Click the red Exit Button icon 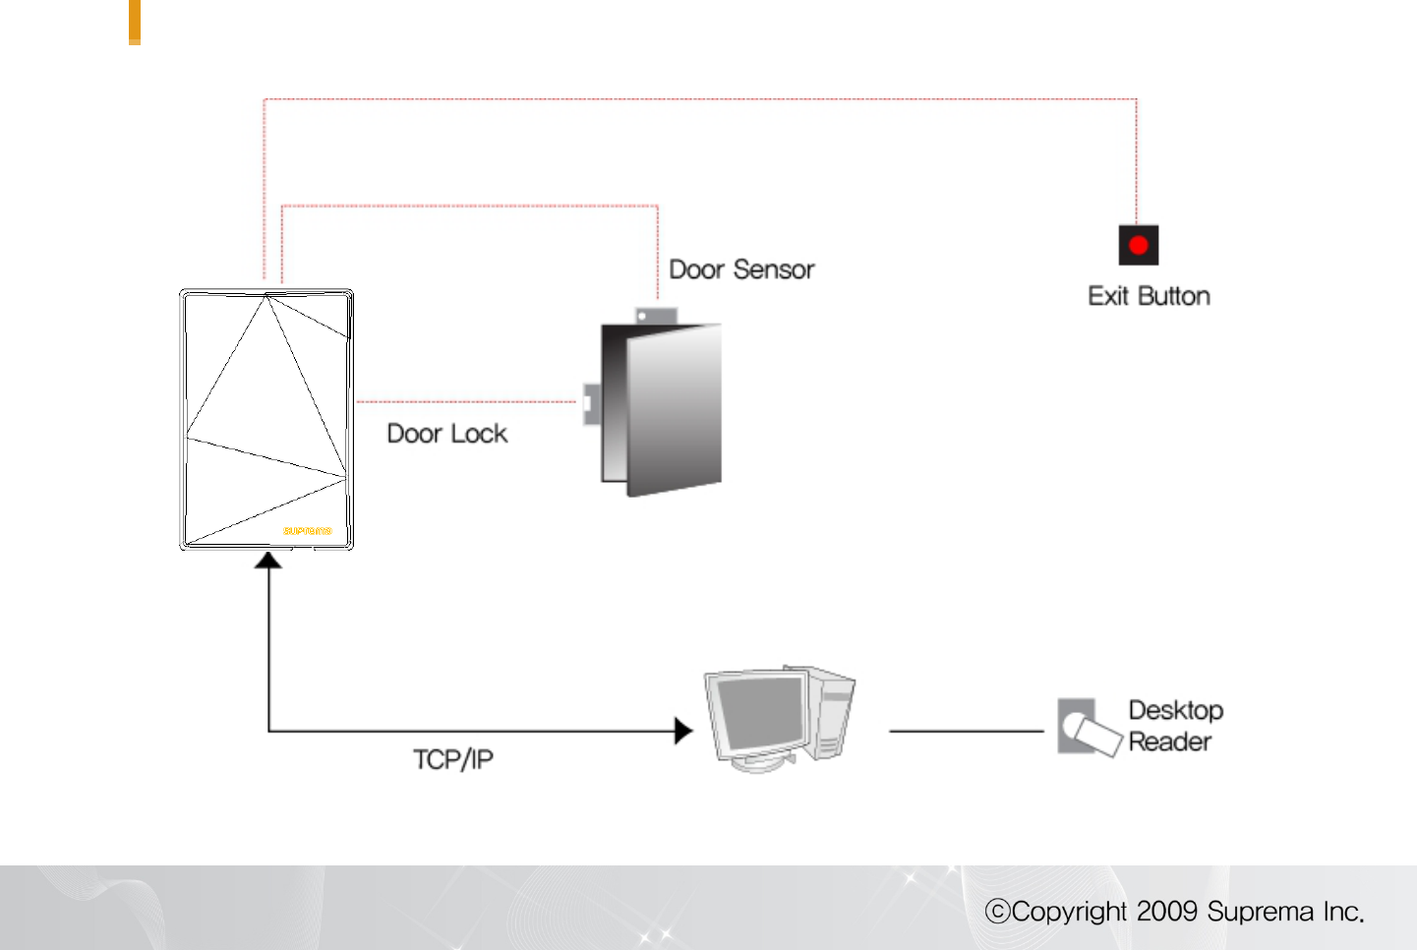[x=1138, y=245]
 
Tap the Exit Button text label [x=1149, y=296]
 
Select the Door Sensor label [x=741, y=269]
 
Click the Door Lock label [x=446, y=434]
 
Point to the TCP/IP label [x=452, y=759]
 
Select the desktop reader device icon [x=1088, y=728]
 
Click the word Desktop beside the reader [x=1175, y=710]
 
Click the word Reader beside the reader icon [x=1169, y=742]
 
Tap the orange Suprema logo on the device [x=307, y=531]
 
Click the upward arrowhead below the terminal [x=268, y=561]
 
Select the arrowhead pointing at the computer [x=683, y=731]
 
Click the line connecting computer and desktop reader [x=966, y=731]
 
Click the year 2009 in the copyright [x=1166, y=912]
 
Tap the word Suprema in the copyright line [x=1260, y=912]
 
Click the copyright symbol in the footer [x=997, y=912]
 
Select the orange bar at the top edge [x=135, y=22]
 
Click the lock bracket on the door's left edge [x=591, y=403]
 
